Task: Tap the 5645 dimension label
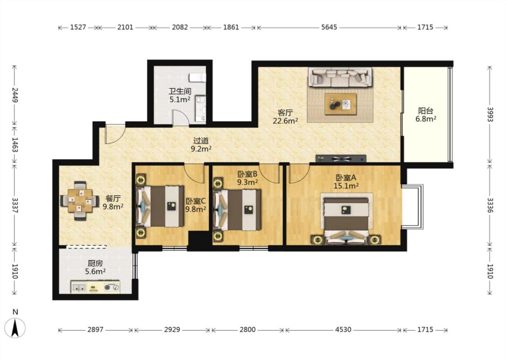(x=329, y=27)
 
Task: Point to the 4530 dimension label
(x=343, y=330)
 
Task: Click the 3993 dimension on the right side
(x=490, y=115)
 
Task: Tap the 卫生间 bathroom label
(x=180, y=91)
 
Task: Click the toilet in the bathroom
(x=197, y=77)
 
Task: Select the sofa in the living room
(x=340, y=77)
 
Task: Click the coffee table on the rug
(x=340, y=104)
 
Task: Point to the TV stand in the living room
(x=341, y=158)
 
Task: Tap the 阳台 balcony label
(x=425, y=111)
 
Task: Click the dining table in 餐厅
(x=80, y=201)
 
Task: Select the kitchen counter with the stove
(x=95, y=287)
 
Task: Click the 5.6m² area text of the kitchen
(x=95, y=271)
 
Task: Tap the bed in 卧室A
(x=346, y=219)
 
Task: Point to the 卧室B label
(x=247, y=174)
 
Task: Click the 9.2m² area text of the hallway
(x=201, y=149)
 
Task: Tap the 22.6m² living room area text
(x=285, y=121)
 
